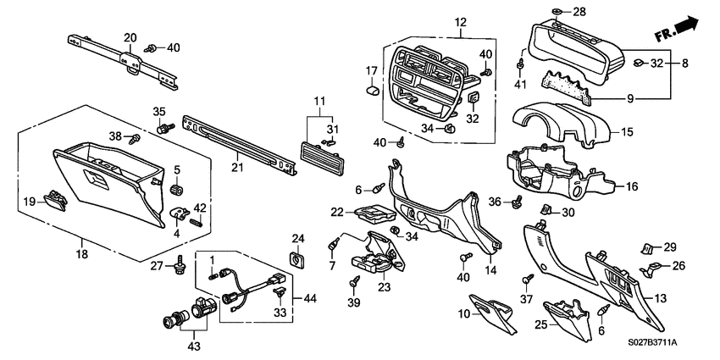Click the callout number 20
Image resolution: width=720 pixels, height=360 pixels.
coord(130,36)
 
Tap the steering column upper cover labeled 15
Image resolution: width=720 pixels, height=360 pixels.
coord(559,128)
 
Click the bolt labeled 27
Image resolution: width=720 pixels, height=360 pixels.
coord(179,266)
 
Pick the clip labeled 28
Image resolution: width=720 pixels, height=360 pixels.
coord(556,11)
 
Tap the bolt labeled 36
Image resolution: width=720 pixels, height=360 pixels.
coord(516,202)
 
